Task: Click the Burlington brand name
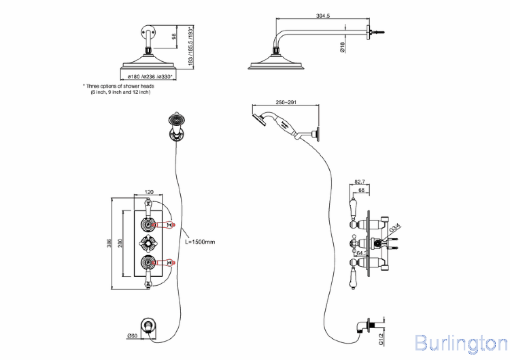coord(460,342)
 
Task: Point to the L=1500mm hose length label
coord(200,242)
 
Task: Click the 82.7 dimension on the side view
coord(360,182)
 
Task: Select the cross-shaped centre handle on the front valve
coord(147,243)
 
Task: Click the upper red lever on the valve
coord(165,224)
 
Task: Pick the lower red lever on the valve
coord(165,261)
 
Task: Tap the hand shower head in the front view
coord(175,122)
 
